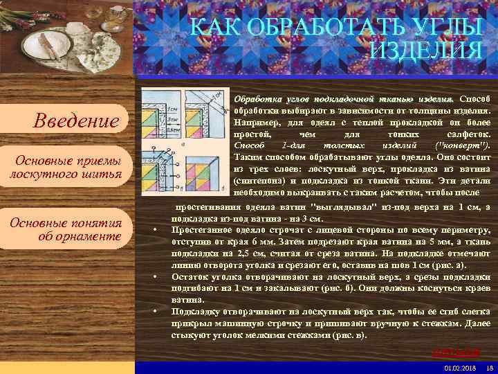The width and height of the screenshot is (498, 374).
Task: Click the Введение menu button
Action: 76,122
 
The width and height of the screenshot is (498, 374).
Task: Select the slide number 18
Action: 489,368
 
